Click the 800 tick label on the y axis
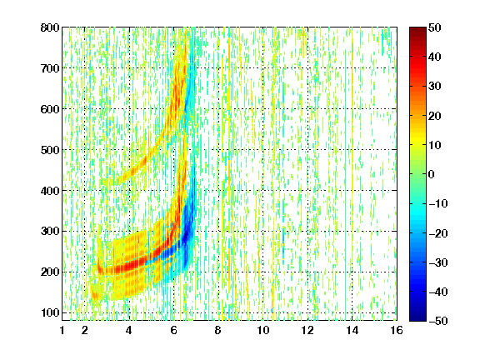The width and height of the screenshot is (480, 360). [50, 27]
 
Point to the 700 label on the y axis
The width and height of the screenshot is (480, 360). [50, 68]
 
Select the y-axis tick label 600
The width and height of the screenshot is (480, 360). [50, 109]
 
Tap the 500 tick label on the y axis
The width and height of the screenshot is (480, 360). [50, 150]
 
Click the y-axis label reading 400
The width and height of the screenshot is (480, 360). [50, 191]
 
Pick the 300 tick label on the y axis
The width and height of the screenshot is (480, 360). [50, 232]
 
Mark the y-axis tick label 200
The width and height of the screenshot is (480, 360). [50, 272]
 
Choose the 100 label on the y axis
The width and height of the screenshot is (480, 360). [50, 312]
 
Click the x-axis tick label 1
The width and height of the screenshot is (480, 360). [62, 330]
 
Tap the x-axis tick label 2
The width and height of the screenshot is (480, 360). [85, 330]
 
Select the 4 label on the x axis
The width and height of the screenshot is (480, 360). [129, 330]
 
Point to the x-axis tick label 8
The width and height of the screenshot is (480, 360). [218, 330]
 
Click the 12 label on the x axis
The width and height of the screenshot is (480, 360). [307, 330]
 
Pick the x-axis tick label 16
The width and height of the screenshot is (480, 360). [397, 330]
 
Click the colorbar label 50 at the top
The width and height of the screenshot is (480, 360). [435, 27]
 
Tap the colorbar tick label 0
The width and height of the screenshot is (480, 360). [432, 174]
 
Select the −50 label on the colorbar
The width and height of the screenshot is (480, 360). [438, 321]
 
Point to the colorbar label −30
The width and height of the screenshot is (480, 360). [438, 262]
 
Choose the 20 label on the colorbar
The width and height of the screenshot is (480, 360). [435, 116]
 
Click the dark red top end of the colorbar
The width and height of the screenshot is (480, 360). [417, 30]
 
